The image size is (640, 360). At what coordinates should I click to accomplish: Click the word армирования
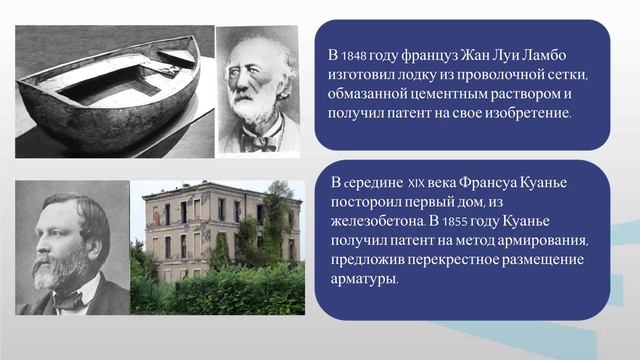544,241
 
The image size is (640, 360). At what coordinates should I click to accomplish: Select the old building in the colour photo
211,225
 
